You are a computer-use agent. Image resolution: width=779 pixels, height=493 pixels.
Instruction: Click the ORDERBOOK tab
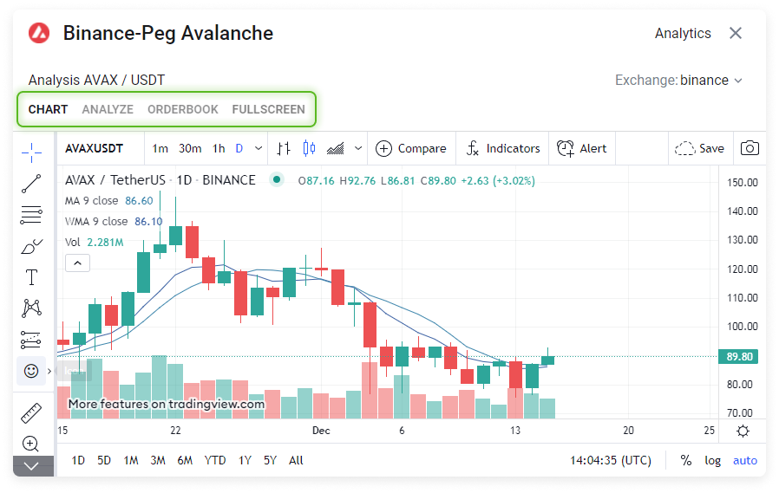coord(183,109)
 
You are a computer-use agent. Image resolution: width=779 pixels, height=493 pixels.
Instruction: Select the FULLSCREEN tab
coord(268,109)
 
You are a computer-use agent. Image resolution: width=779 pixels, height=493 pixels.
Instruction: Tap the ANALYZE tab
coord(108,109)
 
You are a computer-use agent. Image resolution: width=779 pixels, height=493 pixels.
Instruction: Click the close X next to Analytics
coord(736,33)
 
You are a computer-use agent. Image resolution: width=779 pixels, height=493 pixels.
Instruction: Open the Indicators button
coord(503,148)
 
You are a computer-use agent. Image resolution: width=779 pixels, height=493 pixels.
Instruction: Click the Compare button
coord(411,148)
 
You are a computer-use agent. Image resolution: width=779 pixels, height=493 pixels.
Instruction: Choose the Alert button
coord(582,148)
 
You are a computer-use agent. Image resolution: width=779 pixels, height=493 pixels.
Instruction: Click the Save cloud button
coord(699,148)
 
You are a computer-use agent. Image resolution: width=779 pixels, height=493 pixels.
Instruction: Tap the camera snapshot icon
coord(750,148)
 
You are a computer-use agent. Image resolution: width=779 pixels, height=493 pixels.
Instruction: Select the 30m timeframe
coord(190,148)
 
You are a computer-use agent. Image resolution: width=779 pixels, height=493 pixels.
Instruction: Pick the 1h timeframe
coord(219,148)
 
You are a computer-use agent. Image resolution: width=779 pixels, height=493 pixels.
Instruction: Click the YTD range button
coord(216,460)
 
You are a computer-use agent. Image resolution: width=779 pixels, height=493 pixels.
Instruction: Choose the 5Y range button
coord(271,460)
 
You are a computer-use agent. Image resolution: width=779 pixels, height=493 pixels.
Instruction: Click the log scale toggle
coord(712,460)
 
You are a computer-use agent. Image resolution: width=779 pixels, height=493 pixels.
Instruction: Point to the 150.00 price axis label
coord(743,182)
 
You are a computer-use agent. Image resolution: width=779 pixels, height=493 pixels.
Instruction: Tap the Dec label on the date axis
coord(321,431)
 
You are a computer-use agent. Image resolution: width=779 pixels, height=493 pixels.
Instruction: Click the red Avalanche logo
coord(39,34)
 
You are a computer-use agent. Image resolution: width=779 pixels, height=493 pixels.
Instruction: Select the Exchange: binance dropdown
coord(679,81)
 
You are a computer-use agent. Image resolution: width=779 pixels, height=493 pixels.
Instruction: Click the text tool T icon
coord(32,277)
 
